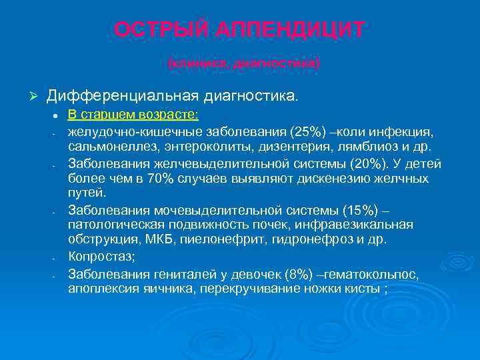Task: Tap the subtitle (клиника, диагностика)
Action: coord(243,63)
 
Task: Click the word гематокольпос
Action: coord(380,274)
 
